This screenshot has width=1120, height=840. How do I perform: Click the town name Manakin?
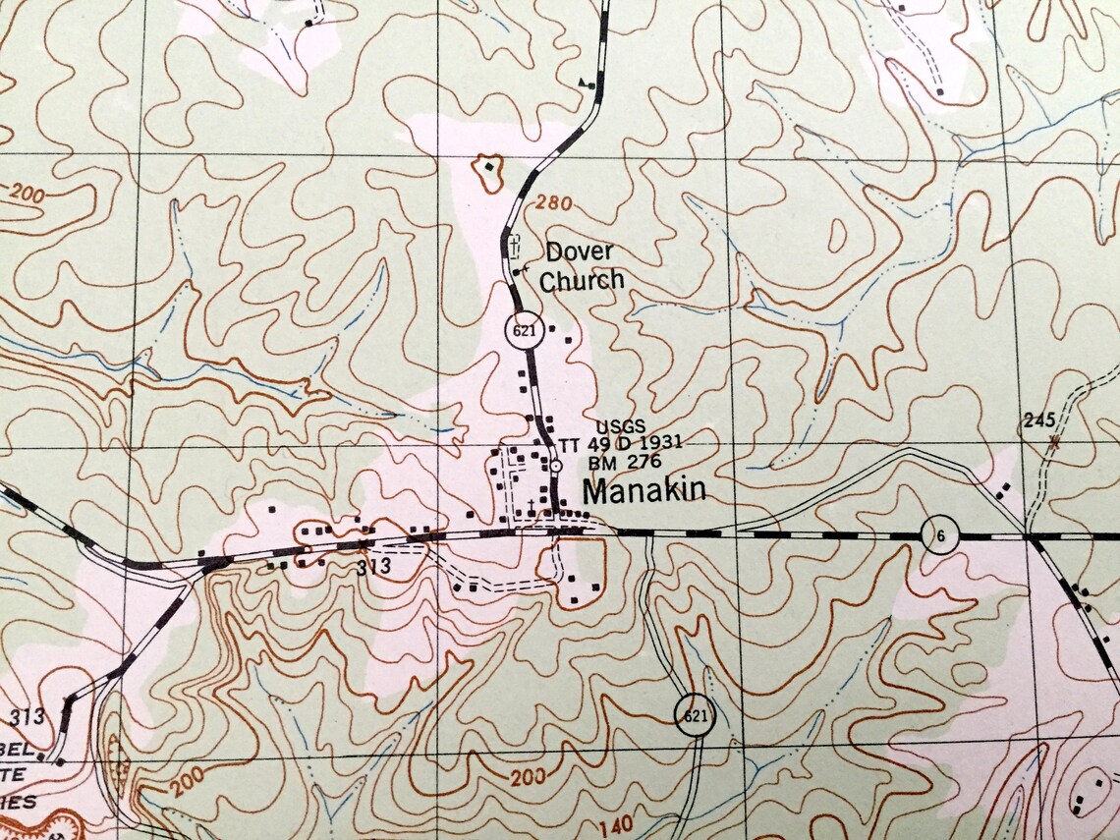[644, 489]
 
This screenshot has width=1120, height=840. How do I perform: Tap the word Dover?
[580, 252]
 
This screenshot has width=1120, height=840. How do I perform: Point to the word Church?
[582, 280]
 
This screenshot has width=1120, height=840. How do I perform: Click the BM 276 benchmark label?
[624, 462]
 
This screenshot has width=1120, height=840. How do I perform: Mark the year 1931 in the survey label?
[659, 444]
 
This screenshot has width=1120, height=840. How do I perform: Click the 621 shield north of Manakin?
[525, 331]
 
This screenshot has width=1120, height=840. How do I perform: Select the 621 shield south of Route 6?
[694, 715]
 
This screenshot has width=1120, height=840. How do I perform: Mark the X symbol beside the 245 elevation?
[1054, 441]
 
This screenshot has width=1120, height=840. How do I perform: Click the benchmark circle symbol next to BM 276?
[554, 465]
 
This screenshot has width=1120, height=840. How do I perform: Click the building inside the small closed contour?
[488, 168]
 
